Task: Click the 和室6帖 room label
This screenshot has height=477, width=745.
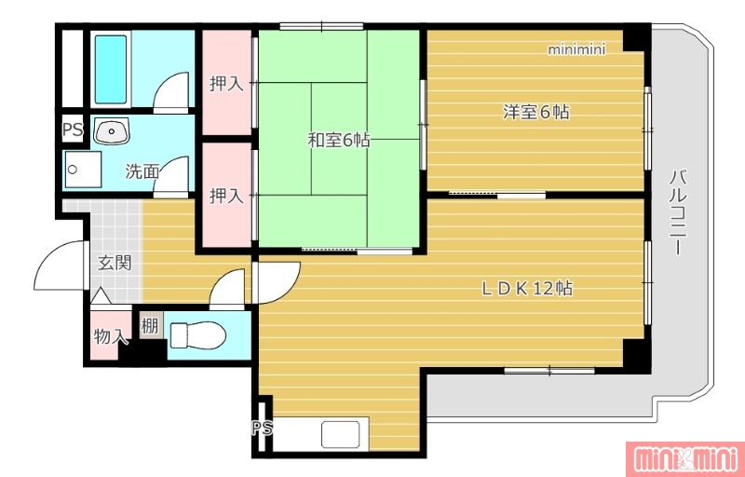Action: click(x=339, y=141)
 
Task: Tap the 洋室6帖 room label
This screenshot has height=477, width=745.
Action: click(x=536, y=112)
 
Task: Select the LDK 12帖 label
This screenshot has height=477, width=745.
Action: click(x=527, y=289)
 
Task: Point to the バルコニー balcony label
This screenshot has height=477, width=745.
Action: click(x=678, y=212)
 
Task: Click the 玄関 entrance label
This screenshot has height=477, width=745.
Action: click(x=115, y=263)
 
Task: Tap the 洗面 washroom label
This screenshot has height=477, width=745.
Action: click(x=142, y=171)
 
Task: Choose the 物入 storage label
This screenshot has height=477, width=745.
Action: click(x=111, y=337)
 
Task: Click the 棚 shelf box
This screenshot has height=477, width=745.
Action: click(x=150, y=325)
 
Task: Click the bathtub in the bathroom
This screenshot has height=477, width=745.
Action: click(x=111, y=69)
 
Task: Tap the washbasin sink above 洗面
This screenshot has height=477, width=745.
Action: click(x=112, y=130)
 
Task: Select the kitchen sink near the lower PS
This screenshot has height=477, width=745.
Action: click(x=340, y=434)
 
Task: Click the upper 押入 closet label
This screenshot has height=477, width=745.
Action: click(x=226, y=84)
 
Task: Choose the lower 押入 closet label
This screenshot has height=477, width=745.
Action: click(x=226, y=196)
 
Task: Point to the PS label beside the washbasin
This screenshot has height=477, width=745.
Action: click(x=74, y=130)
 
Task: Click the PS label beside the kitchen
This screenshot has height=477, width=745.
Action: click(x=263, y=429)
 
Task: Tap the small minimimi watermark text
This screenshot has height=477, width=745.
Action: click(x=576, y=50)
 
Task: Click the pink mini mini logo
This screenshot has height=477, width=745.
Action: click(x=684, y=459)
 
